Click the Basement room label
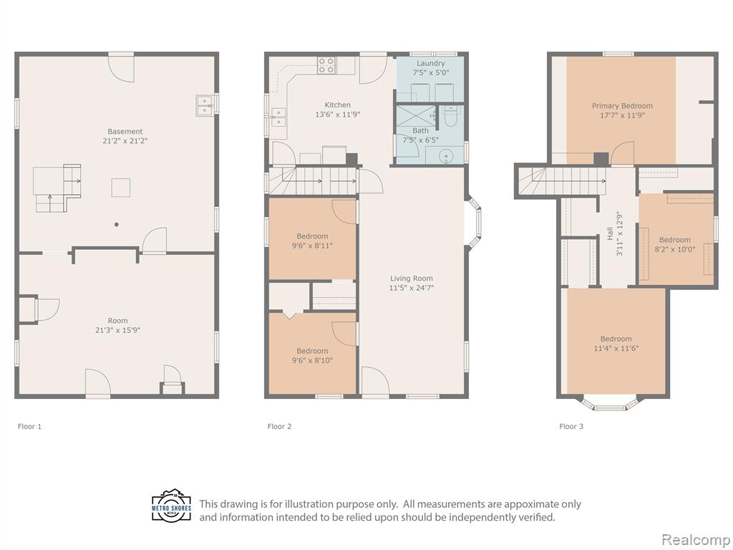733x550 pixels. click(125, 132)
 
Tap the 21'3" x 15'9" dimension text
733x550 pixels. click(117, 329)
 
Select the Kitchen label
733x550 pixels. click(338, 105)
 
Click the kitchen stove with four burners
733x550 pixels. click(326, 65)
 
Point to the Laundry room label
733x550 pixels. click(430, 63)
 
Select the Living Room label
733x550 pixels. click(412, 279)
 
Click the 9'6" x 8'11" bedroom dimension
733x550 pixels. click(312, 246)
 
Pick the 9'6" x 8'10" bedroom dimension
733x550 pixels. click(312, 360)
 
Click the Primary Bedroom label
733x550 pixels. click(622, 106)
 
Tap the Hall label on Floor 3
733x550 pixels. click(610, 234)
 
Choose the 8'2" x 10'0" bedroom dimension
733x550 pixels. click(674, 249)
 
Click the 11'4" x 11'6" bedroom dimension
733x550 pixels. click(616, 348)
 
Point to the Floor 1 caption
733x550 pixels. click(29, 426)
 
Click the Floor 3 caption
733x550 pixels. click(571, 426)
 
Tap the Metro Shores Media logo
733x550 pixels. click(172, 506)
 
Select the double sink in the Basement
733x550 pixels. click(205, 105)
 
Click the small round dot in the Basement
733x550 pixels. click(117, 224)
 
